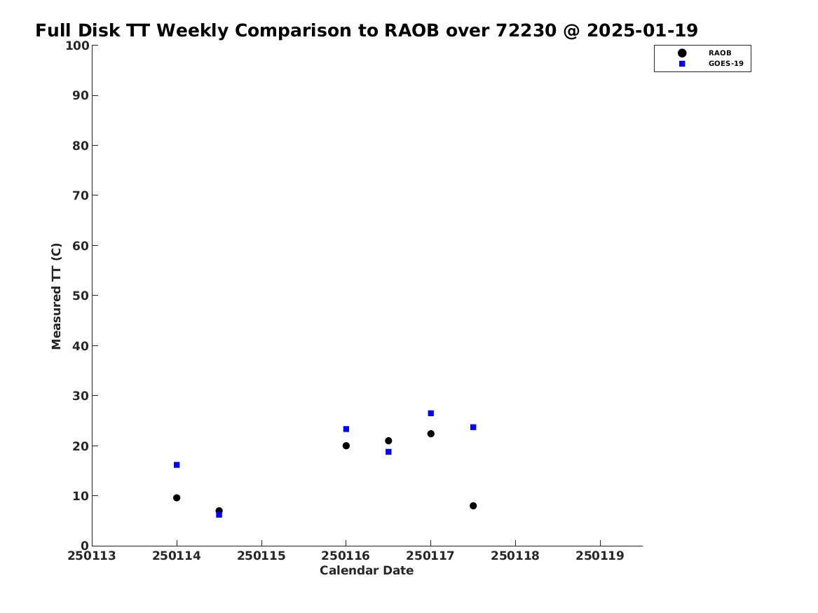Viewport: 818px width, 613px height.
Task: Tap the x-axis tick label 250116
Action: click(346, 556)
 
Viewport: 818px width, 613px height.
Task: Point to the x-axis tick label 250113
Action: click(92, 556)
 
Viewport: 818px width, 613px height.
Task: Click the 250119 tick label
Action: click(600, 556)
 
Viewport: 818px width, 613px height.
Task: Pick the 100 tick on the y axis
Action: click(76, 46)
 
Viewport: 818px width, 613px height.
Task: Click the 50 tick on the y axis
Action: click(81, 296)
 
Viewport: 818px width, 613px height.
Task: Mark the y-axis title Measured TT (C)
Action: click(56, 296)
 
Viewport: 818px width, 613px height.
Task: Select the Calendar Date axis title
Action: click(367, 571)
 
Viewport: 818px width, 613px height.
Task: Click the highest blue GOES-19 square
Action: click(431, 413)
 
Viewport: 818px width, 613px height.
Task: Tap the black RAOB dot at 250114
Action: click(177, 498)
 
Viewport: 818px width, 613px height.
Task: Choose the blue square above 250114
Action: click(177, 465)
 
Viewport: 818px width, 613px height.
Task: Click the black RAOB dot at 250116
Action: click(346, 446)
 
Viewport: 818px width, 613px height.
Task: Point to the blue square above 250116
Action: click(346, 429)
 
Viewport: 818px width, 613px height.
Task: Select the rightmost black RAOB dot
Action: click(473, 506)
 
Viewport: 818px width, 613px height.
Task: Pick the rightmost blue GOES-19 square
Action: click(473, 427)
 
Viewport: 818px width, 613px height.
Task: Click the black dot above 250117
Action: click(431, 434)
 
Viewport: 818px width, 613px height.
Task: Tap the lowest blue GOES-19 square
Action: click(219, 514)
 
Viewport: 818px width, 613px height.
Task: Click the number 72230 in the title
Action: click(526, 31)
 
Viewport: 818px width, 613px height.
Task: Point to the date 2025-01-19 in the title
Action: click(642, 31)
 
